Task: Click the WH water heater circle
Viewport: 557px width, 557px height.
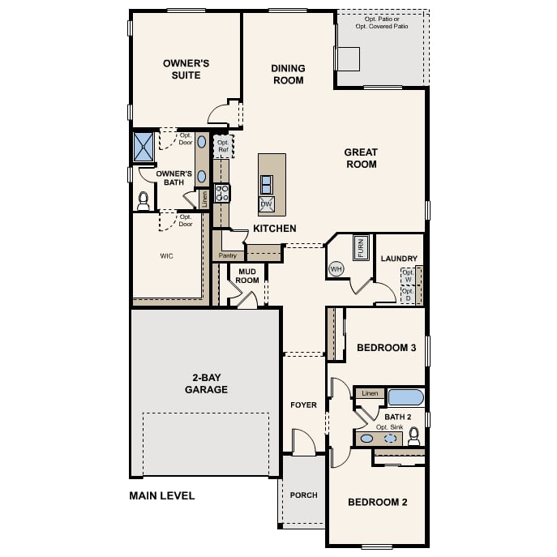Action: (x=336, y=268)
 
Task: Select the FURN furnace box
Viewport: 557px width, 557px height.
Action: (x=360, y=246)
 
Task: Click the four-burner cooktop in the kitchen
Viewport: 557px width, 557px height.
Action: (x=222, y=193)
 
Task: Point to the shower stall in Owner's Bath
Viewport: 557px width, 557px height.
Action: (x=144, y=147)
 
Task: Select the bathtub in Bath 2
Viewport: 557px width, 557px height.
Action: (x=405, y=397)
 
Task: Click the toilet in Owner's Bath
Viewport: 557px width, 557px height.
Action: (x=144, y=199)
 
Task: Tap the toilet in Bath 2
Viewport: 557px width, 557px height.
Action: (x=414, y=436)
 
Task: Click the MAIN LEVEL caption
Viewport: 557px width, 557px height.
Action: (x=162, y=495)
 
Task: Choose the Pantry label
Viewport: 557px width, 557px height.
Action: (x=227, y=255)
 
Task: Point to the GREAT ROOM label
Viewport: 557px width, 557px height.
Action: (x=361, y=158)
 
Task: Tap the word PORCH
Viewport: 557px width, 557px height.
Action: (x=304, y=495)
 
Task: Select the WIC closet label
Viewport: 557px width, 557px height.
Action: (x=166, y=255)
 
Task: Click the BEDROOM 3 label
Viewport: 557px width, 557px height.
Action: (x=386, y=348)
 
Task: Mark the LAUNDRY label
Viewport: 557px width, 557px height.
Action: (x=399, y=259)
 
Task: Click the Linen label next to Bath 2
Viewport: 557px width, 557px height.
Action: (x=371, y=393)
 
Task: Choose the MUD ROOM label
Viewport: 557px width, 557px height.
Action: (x=247, y=276)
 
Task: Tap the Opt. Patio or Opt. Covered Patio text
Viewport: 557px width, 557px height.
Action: (x=382, y=22)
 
